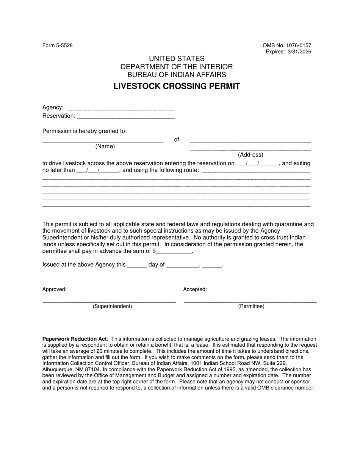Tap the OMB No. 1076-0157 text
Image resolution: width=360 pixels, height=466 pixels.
click(x=287, y=45)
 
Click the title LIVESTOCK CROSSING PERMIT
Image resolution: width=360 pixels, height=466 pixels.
click(x=177, y=86)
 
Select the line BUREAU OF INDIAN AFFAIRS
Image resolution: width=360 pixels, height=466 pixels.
click(x=177, y=75)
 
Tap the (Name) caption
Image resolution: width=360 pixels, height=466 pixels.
click(x=105, y=146)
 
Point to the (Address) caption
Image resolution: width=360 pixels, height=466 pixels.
click(x=250, y=155)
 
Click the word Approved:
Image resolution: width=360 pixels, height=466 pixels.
click(x=55, y=289)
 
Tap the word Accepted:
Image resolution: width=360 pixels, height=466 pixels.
click(x=195, y=289)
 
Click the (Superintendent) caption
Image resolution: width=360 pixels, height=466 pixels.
click(x=112, y=306)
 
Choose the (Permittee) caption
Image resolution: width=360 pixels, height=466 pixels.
click(x=251, y=306)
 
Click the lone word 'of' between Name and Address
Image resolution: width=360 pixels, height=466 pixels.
click(x=177, y=140)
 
